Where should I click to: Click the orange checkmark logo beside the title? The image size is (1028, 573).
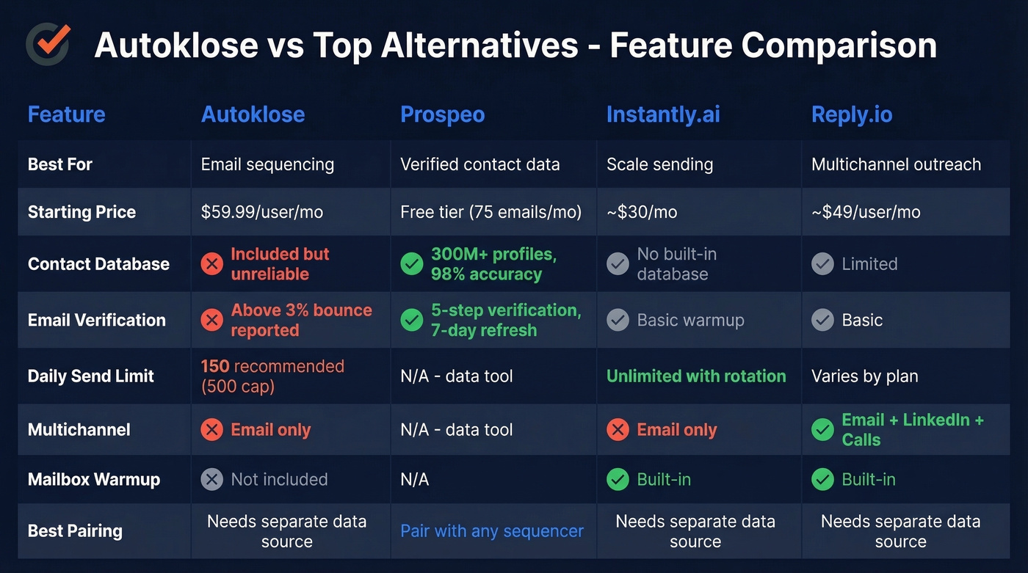click(x=48, y=43)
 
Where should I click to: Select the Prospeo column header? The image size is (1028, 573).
click(x=442, y=114)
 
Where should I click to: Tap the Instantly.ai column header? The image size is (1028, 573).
click(x=662, y=114)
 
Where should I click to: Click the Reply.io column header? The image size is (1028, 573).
click(x=851, y=114)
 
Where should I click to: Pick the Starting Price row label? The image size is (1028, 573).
click(x=82, y=212)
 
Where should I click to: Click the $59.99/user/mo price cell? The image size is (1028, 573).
click(x=261, y=212)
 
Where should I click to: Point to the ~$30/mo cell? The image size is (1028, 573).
click(x=641, y=212)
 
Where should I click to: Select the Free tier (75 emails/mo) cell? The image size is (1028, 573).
click(x=491, y=212)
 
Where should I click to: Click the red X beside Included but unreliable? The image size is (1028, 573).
click(x=212, y=264)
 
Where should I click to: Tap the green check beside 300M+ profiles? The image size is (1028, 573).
click(x=412, y=264)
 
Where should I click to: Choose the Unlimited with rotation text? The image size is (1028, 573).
click(x=695, y=376)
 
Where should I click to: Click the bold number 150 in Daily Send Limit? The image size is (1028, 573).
click(x=215, y=366)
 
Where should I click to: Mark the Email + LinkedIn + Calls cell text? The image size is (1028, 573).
click(x=912, y=429)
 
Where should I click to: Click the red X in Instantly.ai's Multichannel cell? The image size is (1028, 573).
click(x=618, y=430)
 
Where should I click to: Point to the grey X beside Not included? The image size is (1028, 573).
click(x=212, y=480)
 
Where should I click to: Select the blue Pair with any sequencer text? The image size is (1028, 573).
click(x=492, y=531)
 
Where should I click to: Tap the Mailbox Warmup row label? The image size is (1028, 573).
click(x=93, y=480)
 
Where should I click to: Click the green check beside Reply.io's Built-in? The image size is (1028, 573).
click(x=822, y=480)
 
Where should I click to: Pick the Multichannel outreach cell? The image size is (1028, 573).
click(x=896, y=164)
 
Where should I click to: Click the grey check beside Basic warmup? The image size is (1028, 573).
click(x=618, y=321)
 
